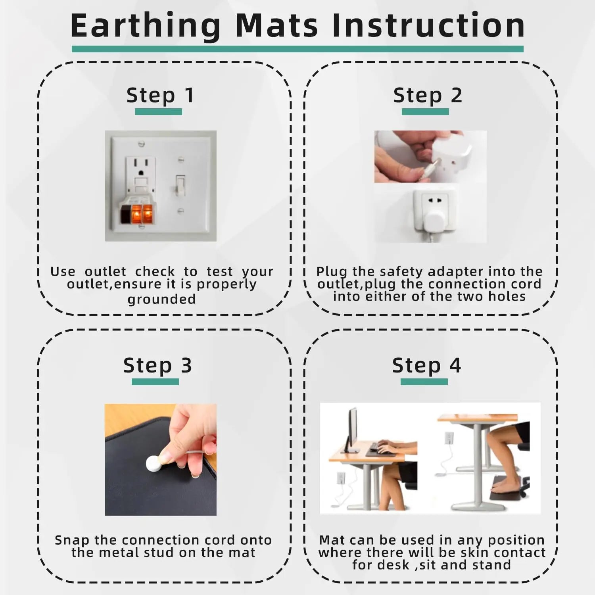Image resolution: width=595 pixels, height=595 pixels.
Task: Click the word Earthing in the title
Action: [145, 26]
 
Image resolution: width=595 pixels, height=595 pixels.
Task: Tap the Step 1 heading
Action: [160, 96]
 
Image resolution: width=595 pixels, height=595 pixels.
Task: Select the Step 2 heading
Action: [428, 96]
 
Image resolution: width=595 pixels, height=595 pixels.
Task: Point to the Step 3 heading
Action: [157, 366]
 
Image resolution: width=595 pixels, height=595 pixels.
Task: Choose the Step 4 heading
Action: [426, 366]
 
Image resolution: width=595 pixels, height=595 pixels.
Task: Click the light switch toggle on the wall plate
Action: [180, 185]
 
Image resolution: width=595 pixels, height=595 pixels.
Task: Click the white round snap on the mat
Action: [154, 463]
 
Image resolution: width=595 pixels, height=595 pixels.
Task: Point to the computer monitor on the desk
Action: [351, 430]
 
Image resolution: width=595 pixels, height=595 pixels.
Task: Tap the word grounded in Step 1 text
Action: [161, 300]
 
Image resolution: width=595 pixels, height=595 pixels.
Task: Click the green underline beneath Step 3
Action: [155, 382]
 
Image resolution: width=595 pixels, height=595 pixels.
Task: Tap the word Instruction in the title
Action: [428, 26]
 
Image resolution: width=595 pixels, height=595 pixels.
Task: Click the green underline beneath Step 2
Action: [425, 112]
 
